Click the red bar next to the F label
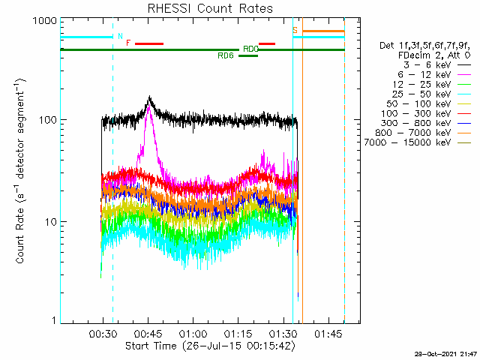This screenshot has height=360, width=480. click(148, 43)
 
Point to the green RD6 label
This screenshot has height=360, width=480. click(225, 55)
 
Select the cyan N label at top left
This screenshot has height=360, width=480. click(120, 35)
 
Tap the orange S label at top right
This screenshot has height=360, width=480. click(295, 30)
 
